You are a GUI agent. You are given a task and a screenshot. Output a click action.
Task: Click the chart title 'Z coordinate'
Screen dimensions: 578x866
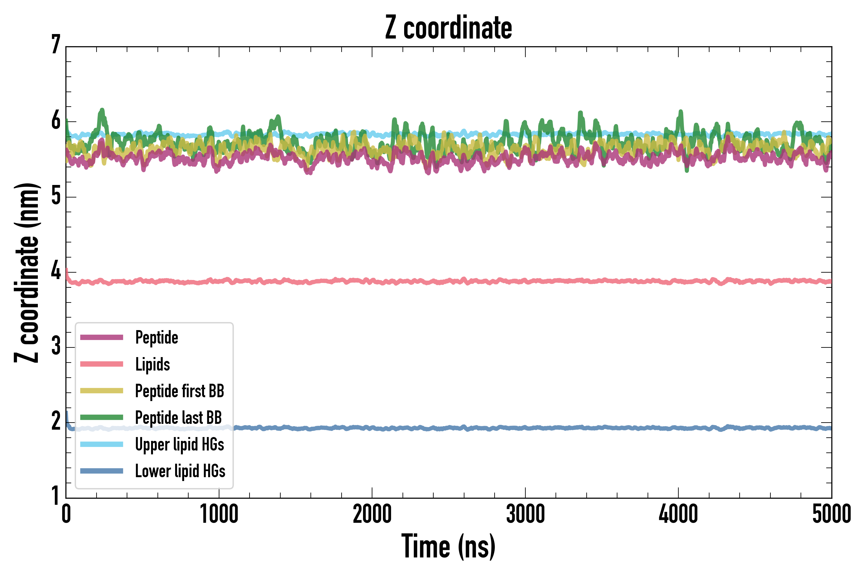click(448, 28)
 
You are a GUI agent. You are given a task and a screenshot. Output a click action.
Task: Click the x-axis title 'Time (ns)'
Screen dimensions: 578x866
click(448, 546)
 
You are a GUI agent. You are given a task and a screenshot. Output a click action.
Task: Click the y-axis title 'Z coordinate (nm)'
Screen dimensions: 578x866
click(27, 272)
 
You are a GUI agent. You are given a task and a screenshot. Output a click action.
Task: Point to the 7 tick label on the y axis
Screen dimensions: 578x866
click(56, 45)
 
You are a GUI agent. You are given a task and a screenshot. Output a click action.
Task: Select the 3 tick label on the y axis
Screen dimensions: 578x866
click(56, 346)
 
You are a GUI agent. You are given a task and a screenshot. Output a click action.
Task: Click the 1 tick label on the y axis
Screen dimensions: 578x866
click(56, 495)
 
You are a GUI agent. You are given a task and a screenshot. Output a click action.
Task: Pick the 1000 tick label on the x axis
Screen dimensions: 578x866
click(219, 514)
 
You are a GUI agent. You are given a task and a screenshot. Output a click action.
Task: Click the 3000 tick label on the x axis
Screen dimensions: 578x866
click(525, 514)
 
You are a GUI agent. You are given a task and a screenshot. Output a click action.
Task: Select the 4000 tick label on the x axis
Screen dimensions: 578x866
click(678, 514)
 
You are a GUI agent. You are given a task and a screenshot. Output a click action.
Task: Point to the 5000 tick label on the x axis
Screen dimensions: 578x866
click(831, 514)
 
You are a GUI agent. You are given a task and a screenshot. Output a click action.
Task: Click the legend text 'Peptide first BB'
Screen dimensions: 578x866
click(180, 391)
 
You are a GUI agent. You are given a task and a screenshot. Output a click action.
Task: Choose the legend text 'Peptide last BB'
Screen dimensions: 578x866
click(179, 418)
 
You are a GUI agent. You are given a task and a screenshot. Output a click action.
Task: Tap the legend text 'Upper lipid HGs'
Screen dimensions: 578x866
click(180, 444)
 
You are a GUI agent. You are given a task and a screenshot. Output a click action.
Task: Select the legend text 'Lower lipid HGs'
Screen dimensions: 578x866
click(180, 471)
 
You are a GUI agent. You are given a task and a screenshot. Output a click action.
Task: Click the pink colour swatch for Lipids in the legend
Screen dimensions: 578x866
click(102, 364)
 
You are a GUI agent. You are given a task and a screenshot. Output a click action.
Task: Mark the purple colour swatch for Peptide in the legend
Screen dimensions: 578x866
click(102, 337)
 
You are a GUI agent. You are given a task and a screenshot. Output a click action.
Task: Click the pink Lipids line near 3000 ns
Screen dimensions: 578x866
click(525, 282)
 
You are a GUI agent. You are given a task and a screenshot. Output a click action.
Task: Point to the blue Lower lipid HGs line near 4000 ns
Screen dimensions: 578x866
click(678, 428)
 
